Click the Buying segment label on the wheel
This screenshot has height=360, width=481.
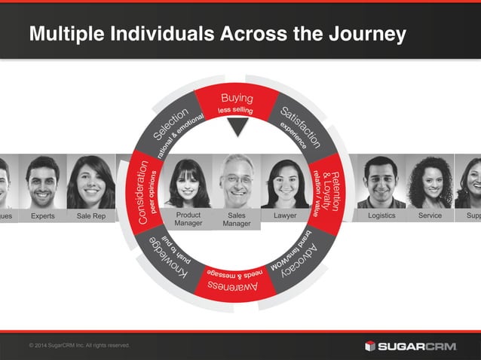[237, 99]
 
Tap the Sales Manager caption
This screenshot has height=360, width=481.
[237, 219]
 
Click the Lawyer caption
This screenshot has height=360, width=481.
[286, 216]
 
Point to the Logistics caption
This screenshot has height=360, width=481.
[381, 216]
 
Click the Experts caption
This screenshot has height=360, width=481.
[42, 216]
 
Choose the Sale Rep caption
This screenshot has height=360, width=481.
[90, 216]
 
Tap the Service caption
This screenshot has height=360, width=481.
[429, 216]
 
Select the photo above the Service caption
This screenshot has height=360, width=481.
[429, 182]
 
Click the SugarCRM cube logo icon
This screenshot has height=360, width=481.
[370, 346]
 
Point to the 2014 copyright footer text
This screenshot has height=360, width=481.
[78, 345]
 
